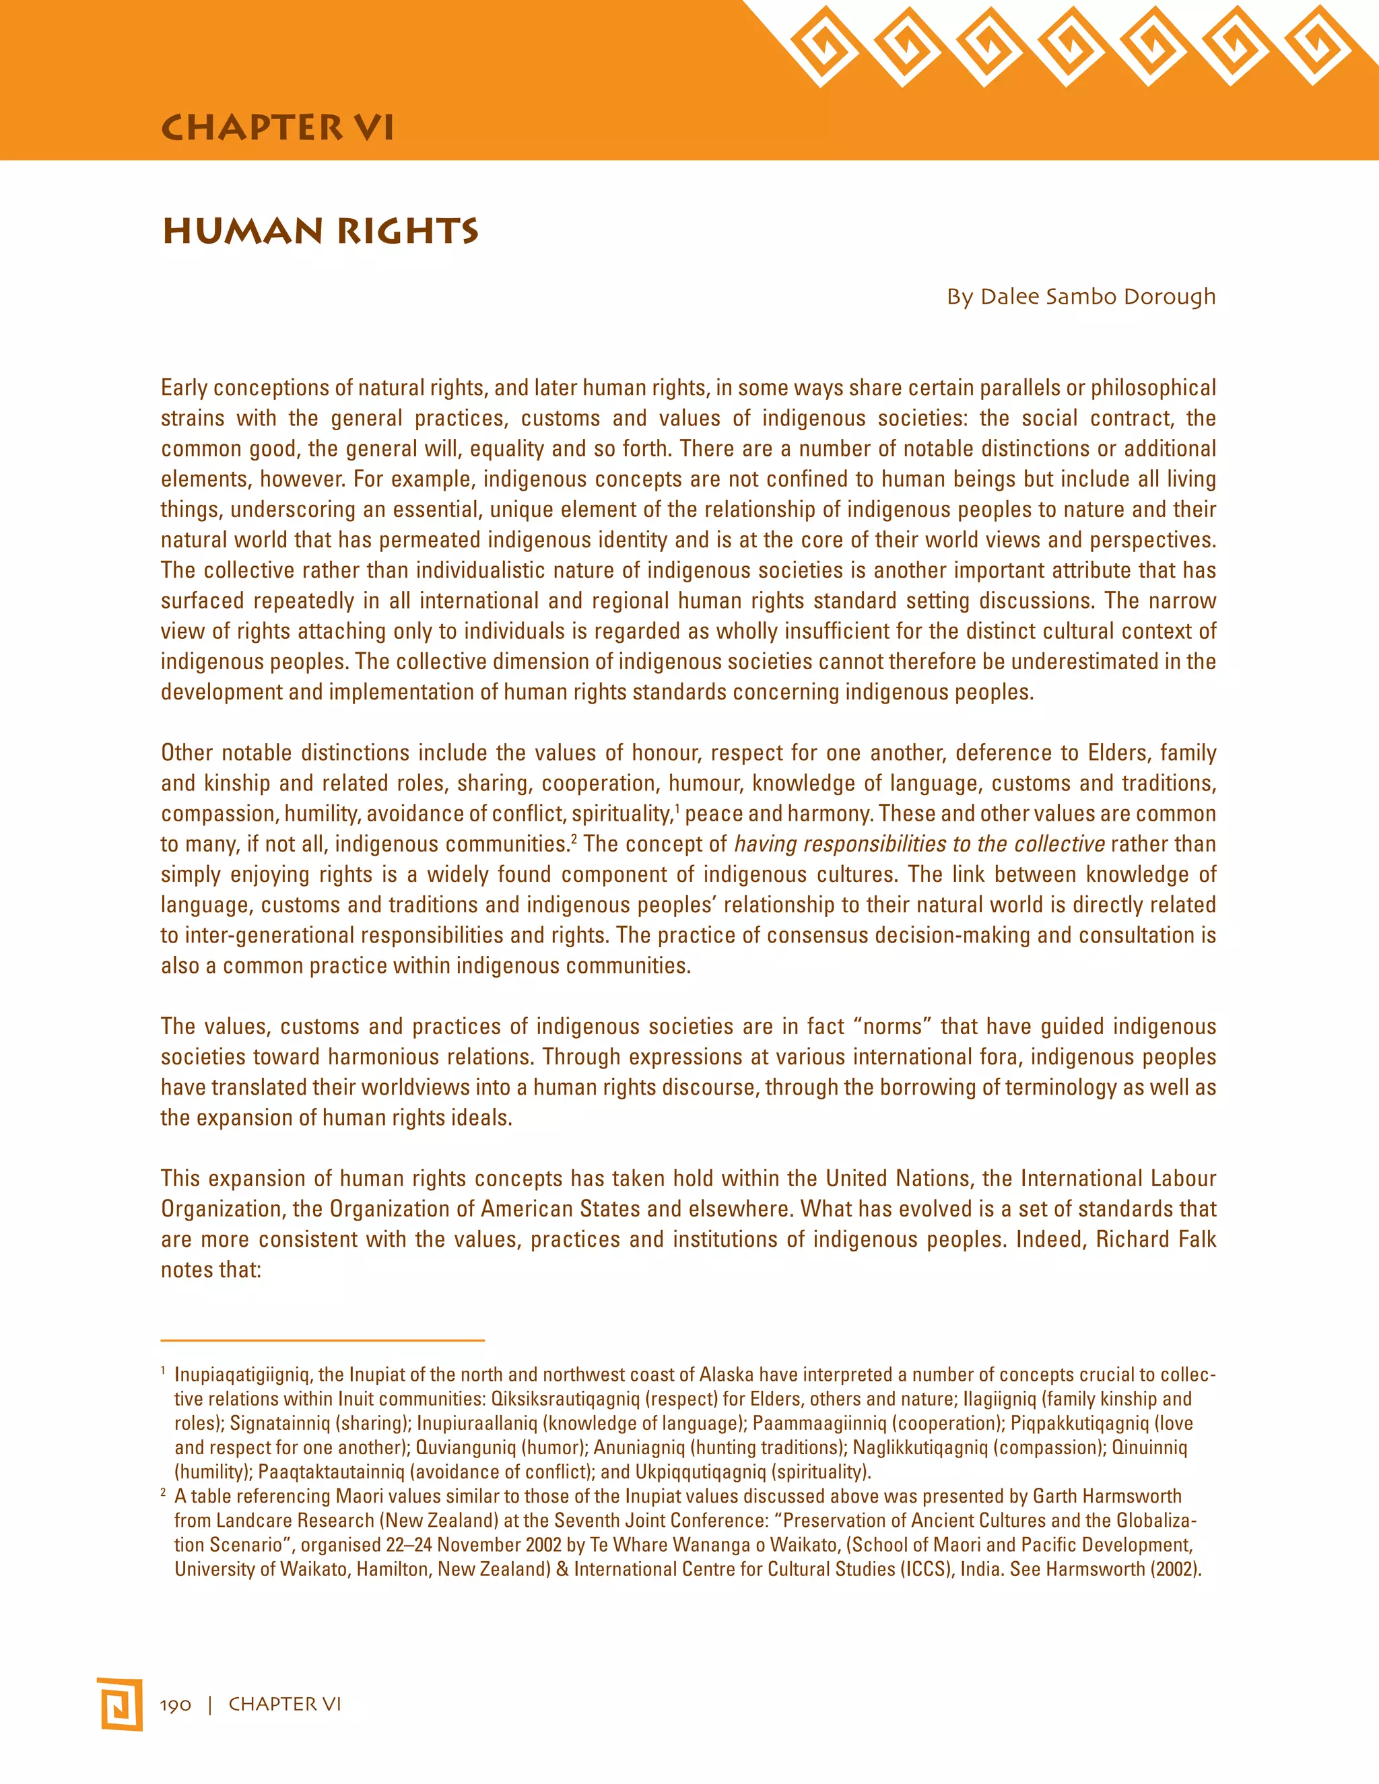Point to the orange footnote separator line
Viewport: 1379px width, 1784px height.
pos(323,1340)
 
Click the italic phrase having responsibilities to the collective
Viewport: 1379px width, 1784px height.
pos(919,844)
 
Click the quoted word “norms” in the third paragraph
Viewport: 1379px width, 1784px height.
pos(892,1026)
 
